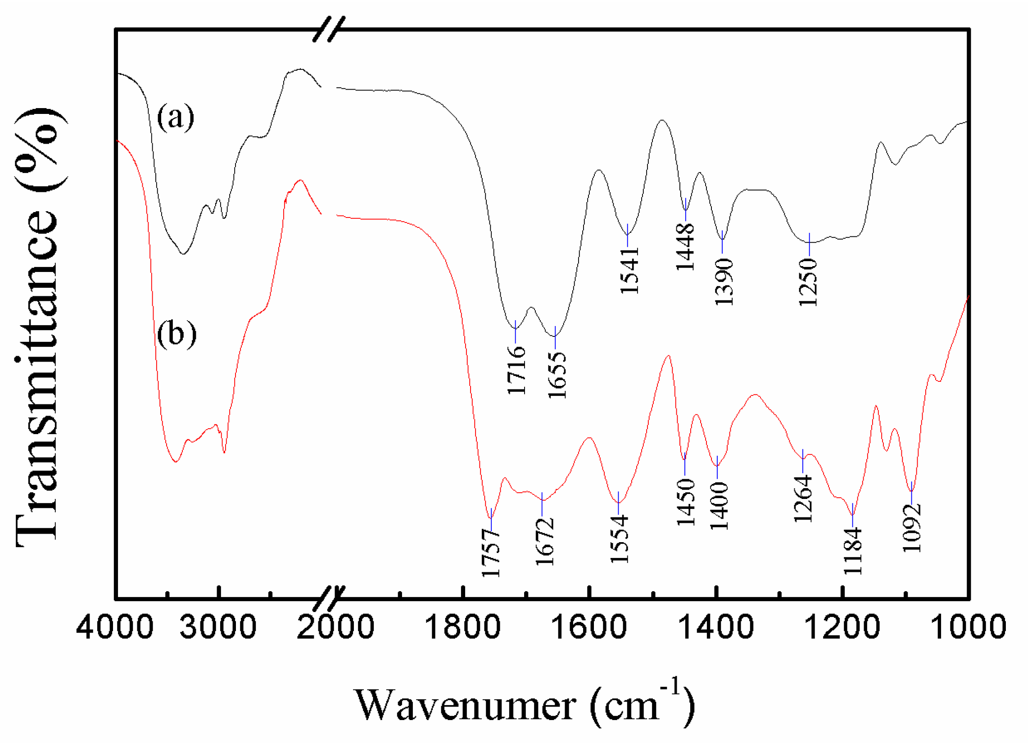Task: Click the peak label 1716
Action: [516, 370]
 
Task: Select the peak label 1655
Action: [557, 376]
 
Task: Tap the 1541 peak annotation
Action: [630, 271]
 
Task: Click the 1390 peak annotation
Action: [724, 281]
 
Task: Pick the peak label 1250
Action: [808, 282]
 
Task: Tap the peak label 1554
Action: [619, 539]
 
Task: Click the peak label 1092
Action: [912, 528]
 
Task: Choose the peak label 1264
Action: [803, 498]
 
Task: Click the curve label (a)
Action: [176, 118]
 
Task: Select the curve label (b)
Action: [177, 335]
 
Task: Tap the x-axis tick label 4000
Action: [115, 627]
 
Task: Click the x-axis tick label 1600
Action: [589, 627]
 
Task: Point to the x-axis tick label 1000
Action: [969, 627]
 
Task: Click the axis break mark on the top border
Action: [329, 30]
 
